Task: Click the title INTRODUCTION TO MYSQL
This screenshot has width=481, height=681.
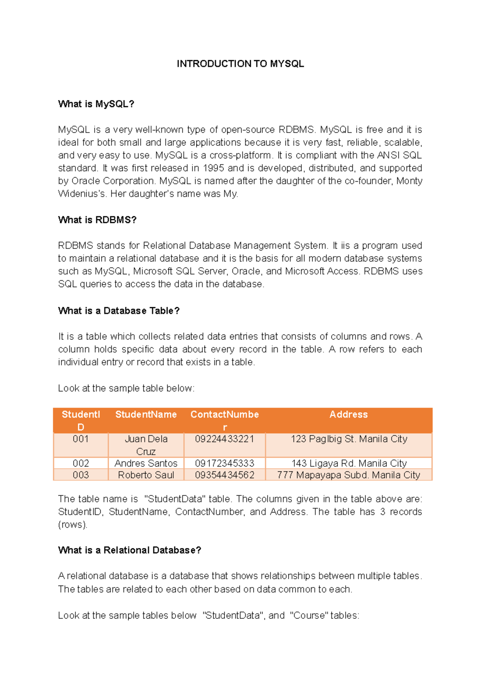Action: click(240, 64)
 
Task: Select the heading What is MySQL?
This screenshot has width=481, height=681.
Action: click(96, 104)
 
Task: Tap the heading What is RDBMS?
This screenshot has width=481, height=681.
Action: click(97, 220)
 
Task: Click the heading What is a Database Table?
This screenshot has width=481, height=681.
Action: click(119, 311)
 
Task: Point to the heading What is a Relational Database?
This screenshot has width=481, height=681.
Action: click(129, 550)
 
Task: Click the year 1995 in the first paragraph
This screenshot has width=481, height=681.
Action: click(213, 168)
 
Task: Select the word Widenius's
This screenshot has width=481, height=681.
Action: click(82, 194)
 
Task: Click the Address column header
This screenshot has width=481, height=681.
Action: click(348, 415)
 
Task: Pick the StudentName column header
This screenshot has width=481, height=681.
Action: click(146, 415)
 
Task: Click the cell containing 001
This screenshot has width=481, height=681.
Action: click(81, 439)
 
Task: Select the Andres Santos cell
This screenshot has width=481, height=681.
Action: click(146, 464)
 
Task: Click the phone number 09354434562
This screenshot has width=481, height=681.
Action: click(224, 475)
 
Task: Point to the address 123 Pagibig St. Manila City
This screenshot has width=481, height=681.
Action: click(349, 439)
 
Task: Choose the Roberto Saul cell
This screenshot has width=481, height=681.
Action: click(146, 475)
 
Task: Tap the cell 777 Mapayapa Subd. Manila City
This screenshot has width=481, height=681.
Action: click(348, 475)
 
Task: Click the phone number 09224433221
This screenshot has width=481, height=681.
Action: click(224, 439)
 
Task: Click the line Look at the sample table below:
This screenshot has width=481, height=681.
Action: click(126, 388)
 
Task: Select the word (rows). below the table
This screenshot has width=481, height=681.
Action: click(73, 525)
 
